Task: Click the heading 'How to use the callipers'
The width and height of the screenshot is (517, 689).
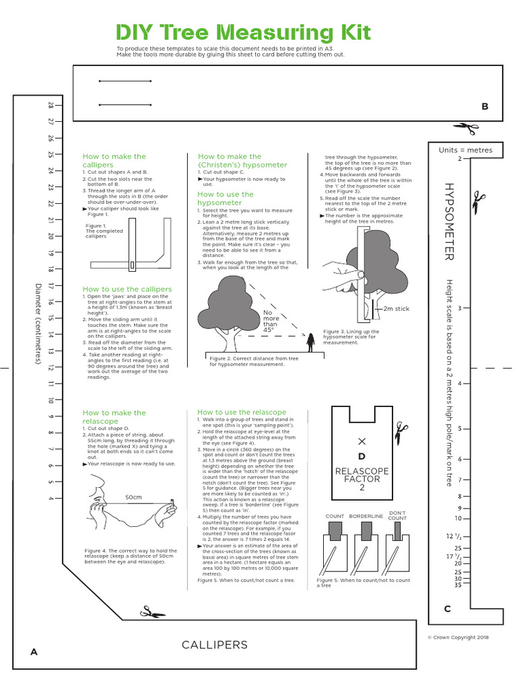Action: pos(127,289)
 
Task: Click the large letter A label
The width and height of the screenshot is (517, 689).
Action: pos(33,651)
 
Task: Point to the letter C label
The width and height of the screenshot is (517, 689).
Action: pos(447,609)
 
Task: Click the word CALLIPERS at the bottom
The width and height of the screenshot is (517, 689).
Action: pos(214,645)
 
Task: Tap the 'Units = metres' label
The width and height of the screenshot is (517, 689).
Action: pos(465,150)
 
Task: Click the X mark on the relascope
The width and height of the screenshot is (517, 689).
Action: pos(362,441)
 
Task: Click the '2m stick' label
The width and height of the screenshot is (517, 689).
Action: pos(396,308)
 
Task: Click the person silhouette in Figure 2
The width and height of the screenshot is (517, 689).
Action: pos(311,343)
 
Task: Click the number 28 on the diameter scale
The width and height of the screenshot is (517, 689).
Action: pos(50,106)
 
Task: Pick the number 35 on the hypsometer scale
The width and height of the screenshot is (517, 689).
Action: pos(458,585)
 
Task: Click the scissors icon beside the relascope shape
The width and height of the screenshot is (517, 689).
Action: pos(402,428)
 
